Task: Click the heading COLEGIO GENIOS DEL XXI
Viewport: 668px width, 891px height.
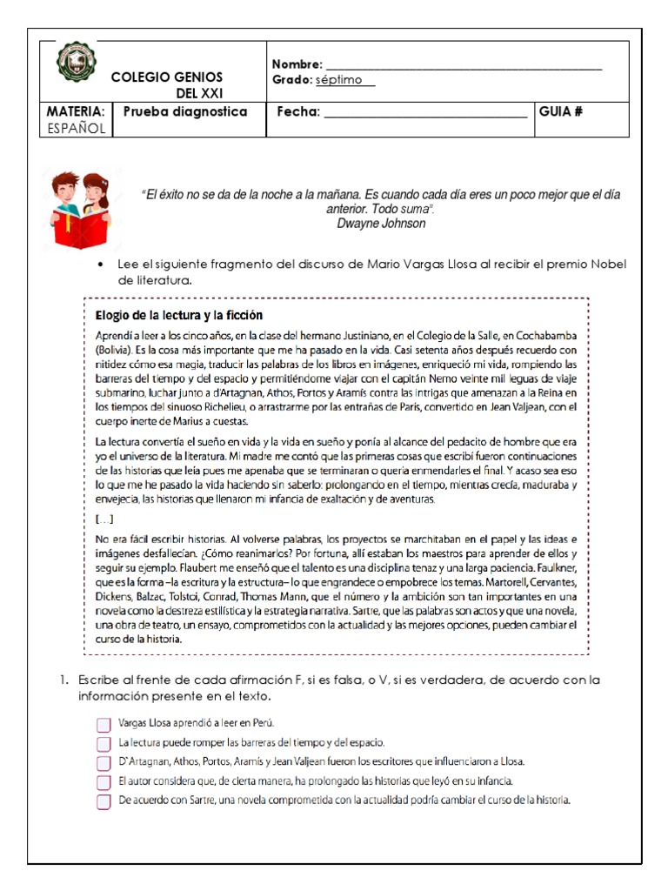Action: (167, 85)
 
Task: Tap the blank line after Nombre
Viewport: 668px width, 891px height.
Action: (463, 65)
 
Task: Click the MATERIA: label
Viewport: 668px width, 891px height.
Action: (76, 111)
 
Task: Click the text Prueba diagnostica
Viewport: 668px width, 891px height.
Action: (185, 111)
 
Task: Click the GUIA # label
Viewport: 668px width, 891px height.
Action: (561, 111)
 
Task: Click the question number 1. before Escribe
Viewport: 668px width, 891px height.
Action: (63, 680)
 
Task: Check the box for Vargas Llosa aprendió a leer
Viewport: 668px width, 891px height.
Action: (104, 724)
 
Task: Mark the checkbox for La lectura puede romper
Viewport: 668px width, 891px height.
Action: (104, 743)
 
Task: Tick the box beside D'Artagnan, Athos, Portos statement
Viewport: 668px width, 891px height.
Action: (104, 763)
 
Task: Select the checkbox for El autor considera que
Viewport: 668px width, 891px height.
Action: (104, 782)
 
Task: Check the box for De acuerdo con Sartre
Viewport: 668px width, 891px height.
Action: (104, 801)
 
